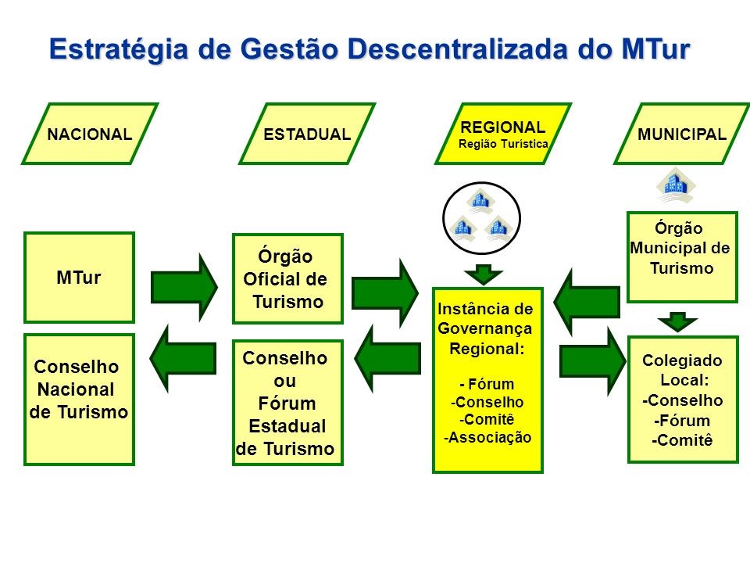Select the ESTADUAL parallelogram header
coord(307,134)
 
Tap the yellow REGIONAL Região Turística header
coord(503,134)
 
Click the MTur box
coord(79,278)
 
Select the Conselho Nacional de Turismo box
coord(79,400)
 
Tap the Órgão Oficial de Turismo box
coord(287,278)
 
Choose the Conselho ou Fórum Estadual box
coord(287,403)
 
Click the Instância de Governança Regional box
coord(487,380)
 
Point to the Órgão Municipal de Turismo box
coord(682,256)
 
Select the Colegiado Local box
coord(682,399)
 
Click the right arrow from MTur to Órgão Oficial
coord(184,287)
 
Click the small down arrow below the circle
coord(484,274)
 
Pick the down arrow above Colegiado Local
coord(677,321)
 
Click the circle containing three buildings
coord(481,219)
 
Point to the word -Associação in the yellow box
coord(488,437)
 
